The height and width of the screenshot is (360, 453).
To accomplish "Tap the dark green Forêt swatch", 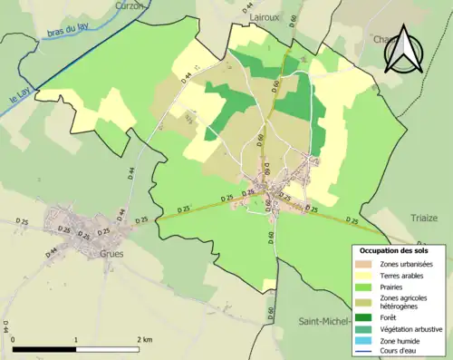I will coord(368,316).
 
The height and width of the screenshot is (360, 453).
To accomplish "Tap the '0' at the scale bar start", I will coord(14,339).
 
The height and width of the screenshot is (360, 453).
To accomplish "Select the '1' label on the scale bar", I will coord(76,339).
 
